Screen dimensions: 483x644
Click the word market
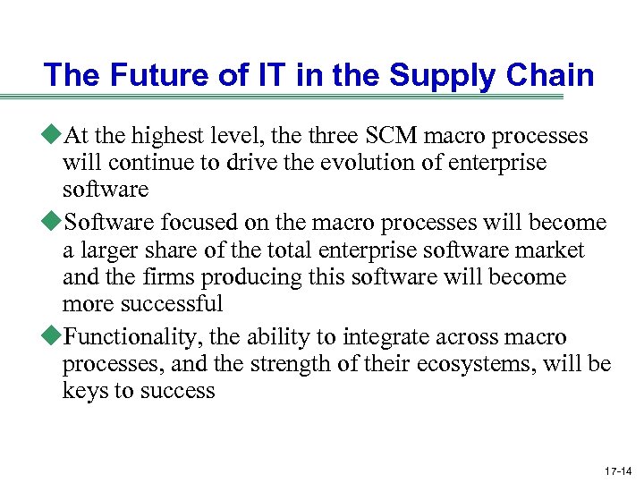click(552, 250)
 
